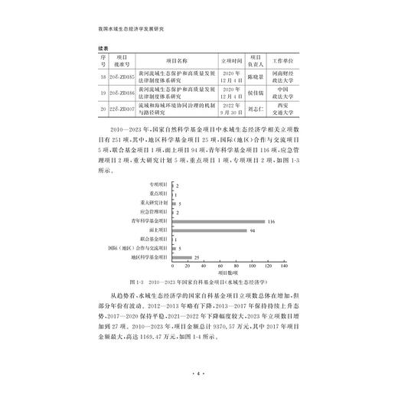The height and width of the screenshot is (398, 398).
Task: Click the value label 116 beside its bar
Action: pos(271,220)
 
